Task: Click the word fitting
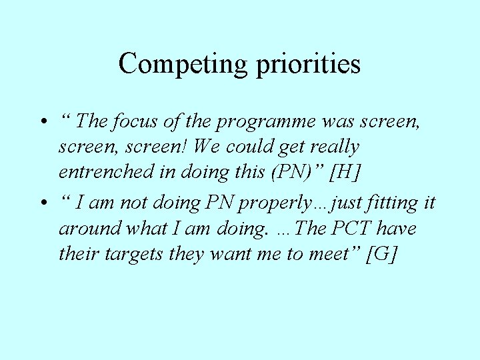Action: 386,203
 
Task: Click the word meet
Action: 333,254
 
